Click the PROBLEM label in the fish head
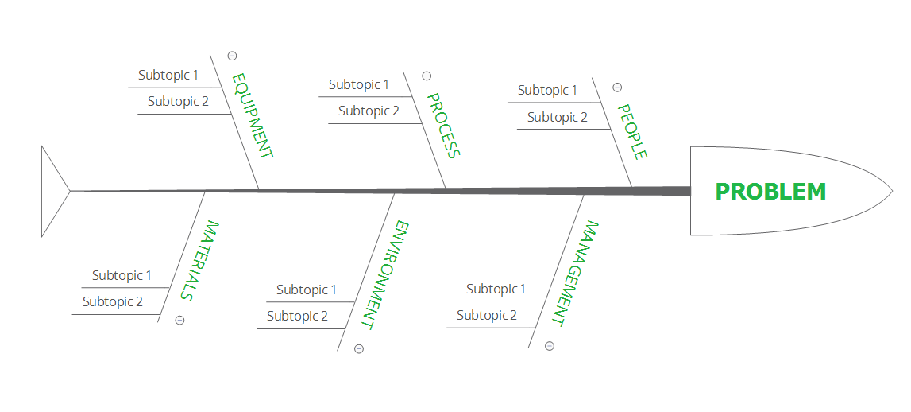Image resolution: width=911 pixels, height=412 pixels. pyautogui.click(x=770, y=192)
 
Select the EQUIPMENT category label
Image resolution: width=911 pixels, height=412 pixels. pyautogui.click(x=253, y=116)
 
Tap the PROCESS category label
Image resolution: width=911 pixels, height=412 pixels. pyautogui.click(x=442, y=126)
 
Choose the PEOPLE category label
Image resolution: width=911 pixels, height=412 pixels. pyautogui.click(x=633, y=131)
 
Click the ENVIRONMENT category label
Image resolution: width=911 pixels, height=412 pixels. pyautogui.click(x=384, y=274)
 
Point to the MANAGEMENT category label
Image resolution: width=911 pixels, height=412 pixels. pyautogui.click(x=575, y=273)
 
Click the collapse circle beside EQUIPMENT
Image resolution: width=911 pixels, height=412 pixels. pyautogui.click(x=232, y=56)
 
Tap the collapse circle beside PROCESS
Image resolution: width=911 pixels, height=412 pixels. pyautogui.click(x=427, y=76)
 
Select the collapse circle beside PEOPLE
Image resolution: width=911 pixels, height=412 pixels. pyautogui.click(x=617, y=87)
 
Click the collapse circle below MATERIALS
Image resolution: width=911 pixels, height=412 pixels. pyautogui.click(x=179, y=320)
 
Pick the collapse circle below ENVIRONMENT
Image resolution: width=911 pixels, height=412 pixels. pyautogui.click(x=359, y=348)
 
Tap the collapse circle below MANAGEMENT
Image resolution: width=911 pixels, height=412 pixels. pyautogui.click(x=550, y=346)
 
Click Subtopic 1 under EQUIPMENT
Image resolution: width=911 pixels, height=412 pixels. pyautogui.click(x=168, y=75)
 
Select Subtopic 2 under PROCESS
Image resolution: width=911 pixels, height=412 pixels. pyautogui.click(x=369, y=111)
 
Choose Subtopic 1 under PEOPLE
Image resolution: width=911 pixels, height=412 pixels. pyautogui.click(x=547, y=90)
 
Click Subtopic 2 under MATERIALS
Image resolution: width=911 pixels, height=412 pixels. pyautogui.click(x=113, y=301)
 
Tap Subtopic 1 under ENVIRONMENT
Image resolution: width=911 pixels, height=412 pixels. pyautogui.click(x=306, y=290)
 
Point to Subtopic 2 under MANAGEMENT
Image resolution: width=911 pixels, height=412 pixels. pyautogui.click(x=487, y=315)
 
